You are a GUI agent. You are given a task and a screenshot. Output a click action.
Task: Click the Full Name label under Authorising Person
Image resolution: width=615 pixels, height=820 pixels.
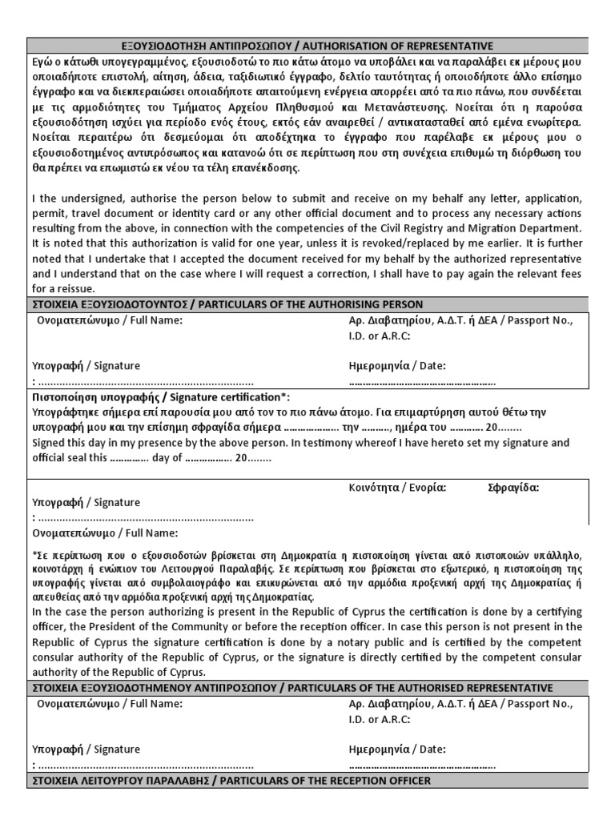(152, 320)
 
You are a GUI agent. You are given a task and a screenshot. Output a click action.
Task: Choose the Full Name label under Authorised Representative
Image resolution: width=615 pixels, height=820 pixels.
(152, 704)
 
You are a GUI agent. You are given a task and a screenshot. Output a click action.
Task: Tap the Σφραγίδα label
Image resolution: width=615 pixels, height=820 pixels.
(513, 486)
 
